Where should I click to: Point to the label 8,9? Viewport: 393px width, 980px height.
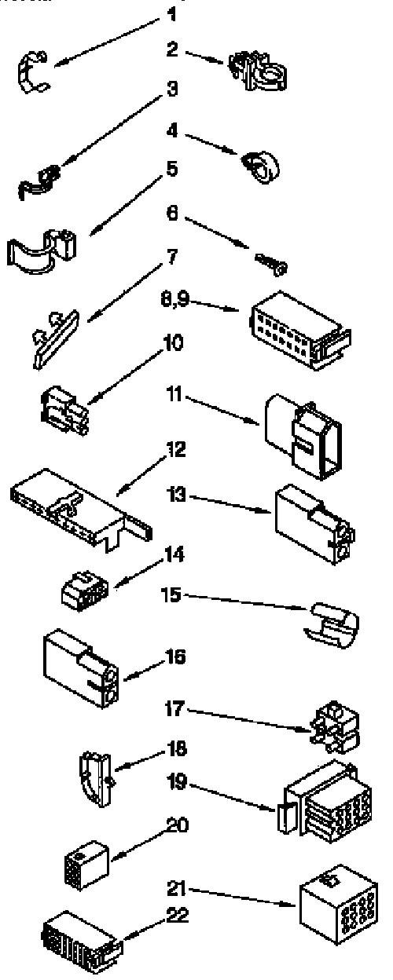[x=175, y=300]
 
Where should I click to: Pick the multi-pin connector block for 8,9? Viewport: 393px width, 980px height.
[x=300, y=330]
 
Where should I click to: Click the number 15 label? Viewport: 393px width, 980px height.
[x=171, y=594]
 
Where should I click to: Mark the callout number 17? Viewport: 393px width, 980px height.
[x=174, y=709]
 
